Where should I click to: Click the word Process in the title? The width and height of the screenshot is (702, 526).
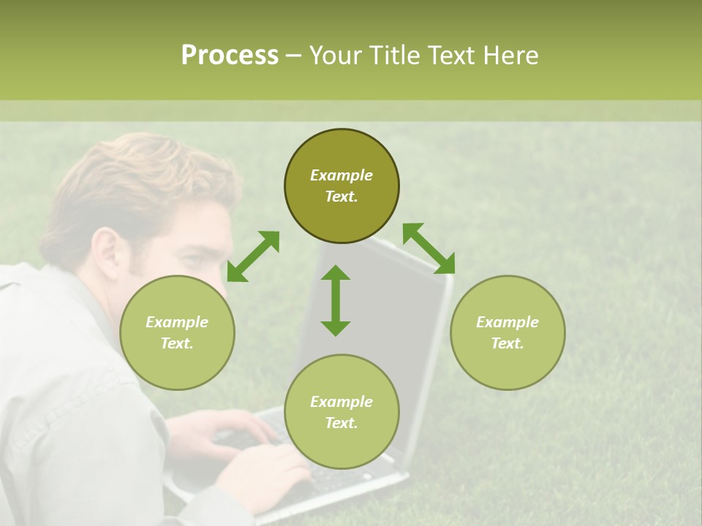click(230, 56)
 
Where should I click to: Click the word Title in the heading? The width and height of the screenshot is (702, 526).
click(390, 56)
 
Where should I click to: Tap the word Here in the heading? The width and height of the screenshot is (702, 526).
click(512, 56)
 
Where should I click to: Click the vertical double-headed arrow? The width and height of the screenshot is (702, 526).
click(336, 300)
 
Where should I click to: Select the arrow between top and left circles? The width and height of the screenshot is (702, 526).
click(253, 256)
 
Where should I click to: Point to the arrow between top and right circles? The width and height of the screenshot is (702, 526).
click(429, 248)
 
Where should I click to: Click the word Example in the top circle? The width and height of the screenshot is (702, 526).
click(341, 175)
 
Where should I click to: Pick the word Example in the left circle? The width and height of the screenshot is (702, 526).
click(177, 322)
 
